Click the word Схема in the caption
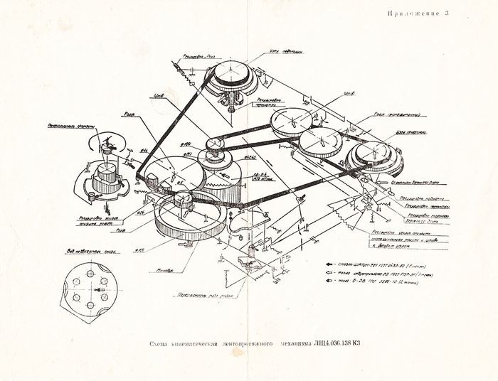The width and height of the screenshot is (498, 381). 162,345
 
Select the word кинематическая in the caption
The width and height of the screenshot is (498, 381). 203,345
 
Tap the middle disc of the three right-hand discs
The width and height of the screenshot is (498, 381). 324,141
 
